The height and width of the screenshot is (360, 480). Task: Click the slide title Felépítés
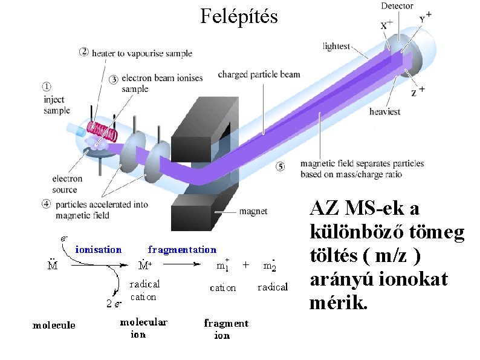coord(239,16)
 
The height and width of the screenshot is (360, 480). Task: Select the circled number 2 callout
coord(84,52)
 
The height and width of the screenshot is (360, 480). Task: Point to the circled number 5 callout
coord(279,166)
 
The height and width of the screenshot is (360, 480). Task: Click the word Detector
coord(397,6)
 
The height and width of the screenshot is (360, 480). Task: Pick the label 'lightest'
coord(336,45)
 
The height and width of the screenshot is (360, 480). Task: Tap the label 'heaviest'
coord(384,111)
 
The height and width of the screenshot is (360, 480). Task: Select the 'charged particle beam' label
coord(259,74)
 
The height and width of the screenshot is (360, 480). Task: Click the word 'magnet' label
coord(253,211)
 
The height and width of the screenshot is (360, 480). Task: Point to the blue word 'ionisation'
coord(99,249)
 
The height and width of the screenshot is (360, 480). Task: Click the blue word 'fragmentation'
coord(182,249)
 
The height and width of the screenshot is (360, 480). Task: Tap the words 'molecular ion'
coord(143,328)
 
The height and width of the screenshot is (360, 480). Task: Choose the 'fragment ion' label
coord(225,329)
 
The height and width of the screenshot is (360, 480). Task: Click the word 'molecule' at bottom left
coord(54,326)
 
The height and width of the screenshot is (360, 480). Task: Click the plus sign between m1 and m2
coord(246,264)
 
